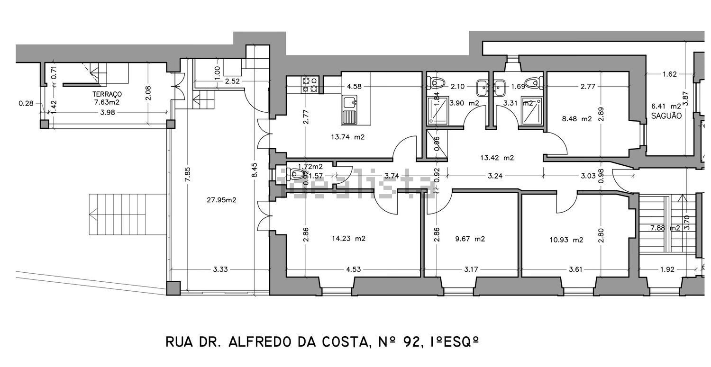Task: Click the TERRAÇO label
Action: point(108,94)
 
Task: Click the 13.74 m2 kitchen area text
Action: point(348,137)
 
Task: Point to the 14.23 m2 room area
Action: point(348,239)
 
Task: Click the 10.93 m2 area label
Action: point(566,240)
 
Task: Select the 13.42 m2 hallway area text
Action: point(497,158)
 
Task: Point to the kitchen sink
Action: point(349,109)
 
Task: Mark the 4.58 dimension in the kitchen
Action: point(355,87)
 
